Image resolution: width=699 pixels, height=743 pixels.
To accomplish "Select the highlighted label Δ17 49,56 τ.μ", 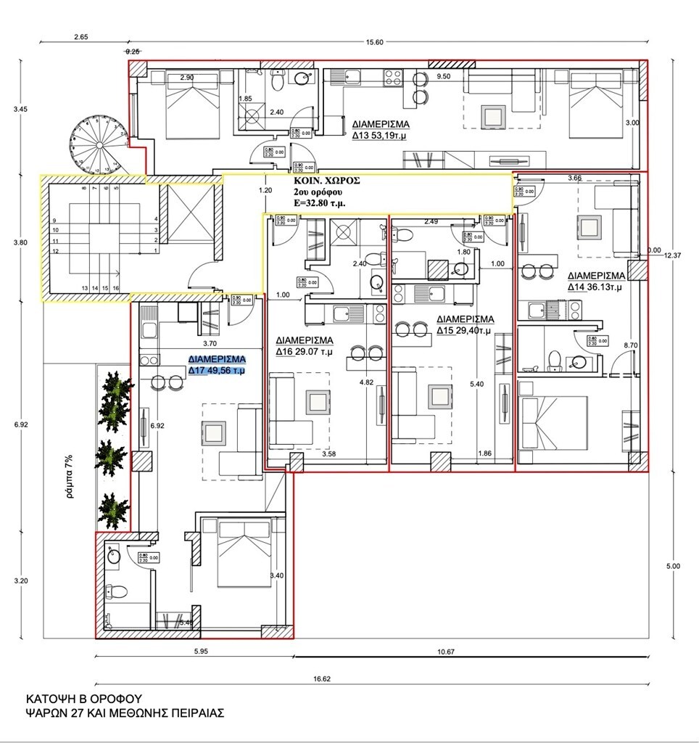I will (217, 366).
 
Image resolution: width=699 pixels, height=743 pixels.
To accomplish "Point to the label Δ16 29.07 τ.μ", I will (304, 346).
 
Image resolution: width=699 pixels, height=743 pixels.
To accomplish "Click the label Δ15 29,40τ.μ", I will (465, 325).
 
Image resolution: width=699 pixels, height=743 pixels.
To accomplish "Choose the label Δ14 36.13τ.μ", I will (597, 282).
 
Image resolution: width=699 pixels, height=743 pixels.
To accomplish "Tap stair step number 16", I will (115, 288).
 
